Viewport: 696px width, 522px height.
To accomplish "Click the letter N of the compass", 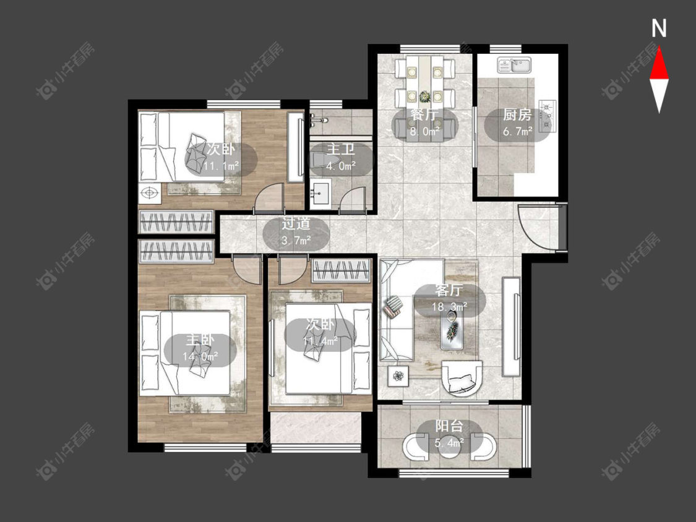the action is pos(659,28).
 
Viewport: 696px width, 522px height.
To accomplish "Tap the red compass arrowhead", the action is pos(659,64).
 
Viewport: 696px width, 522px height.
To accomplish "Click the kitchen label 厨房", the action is pos(517,116).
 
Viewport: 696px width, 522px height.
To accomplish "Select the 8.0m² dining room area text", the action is pos(425,131).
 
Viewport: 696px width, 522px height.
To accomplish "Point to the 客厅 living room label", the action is pos(449,290).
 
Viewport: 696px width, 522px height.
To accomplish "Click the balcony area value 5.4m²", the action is pos(450,442).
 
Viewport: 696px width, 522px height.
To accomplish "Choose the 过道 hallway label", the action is pos(296,224).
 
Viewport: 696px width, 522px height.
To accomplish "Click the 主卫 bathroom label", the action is pos(341,149).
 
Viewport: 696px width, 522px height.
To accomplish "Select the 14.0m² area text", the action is pos(200,356).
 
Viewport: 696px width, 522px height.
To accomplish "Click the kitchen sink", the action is pos(515,66).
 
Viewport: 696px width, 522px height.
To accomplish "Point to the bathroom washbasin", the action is pos(320,194).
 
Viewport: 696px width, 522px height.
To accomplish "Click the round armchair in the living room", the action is pos(462,377).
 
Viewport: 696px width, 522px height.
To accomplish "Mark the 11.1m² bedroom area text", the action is pos(221,166).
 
